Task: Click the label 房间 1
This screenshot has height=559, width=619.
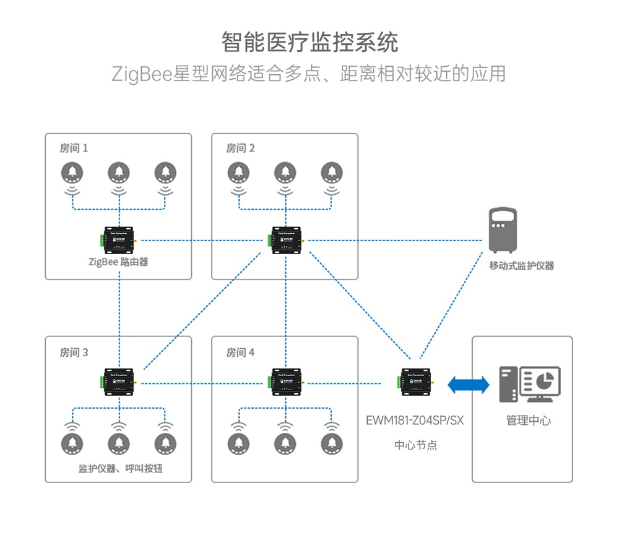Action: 74,148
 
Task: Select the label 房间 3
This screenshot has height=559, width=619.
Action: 74,352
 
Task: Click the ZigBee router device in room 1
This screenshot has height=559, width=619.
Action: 119,241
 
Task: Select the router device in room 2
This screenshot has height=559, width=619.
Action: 285,241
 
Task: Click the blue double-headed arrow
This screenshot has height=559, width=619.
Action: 468,385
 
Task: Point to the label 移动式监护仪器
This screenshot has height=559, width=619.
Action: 521,266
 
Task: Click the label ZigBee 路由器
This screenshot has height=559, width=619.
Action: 118,262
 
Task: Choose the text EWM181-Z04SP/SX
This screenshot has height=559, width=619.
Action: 414,421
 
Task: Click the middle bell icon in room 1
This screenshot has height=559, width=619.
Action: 118,173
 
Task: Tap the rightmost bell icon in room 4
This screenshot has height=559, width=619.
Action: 331,443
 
